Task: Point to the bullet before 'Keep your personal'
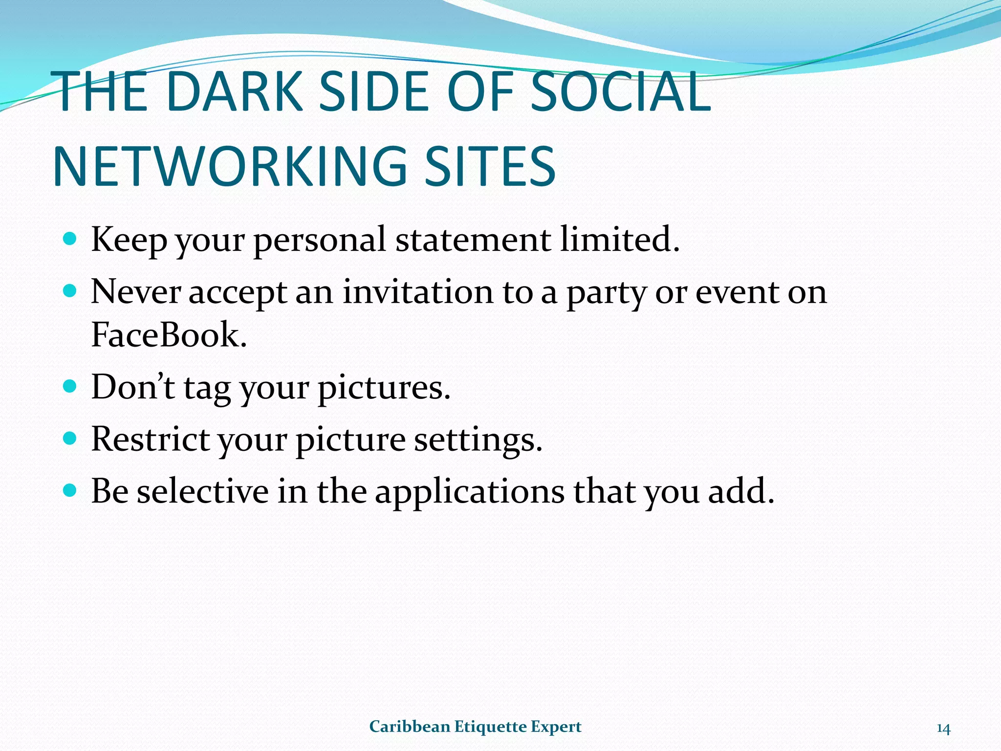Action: (x=70, y=239)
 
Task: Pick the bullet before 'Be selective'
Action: (x=70, y=490)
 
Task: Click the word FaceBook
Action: (x=169, y=335)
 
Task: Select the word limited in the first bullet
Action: (x=619, y=240)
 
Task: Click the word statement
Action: (x=473, y=240)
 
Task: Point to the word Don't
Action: (x=133, y=387)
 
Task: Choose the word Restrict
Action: (x=151, y=439)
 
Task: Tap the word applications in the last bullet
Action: (x=469, y=491)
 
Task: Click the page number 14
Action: (x=943, y=729)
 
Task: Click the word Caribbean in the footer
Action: (x=409, y=727)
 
